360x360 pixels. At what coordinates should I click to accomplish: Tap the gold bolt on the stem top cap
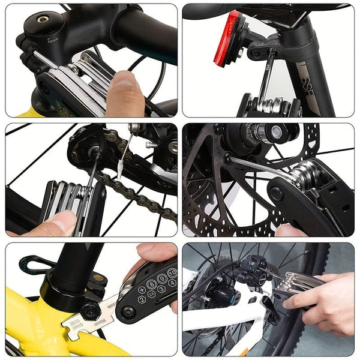tap(43, 19)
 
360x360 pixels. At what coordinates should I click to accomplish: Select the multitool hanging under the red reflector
tap(270, 106)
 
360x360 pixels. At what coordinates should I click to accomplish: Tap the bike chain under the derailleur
tap(144, 192)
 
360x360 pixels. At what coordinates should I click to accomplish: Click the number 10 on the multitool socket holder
tap(172, 273)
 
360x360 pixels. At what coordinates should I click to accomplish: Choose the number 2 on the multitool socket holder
tap(142, 299)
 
